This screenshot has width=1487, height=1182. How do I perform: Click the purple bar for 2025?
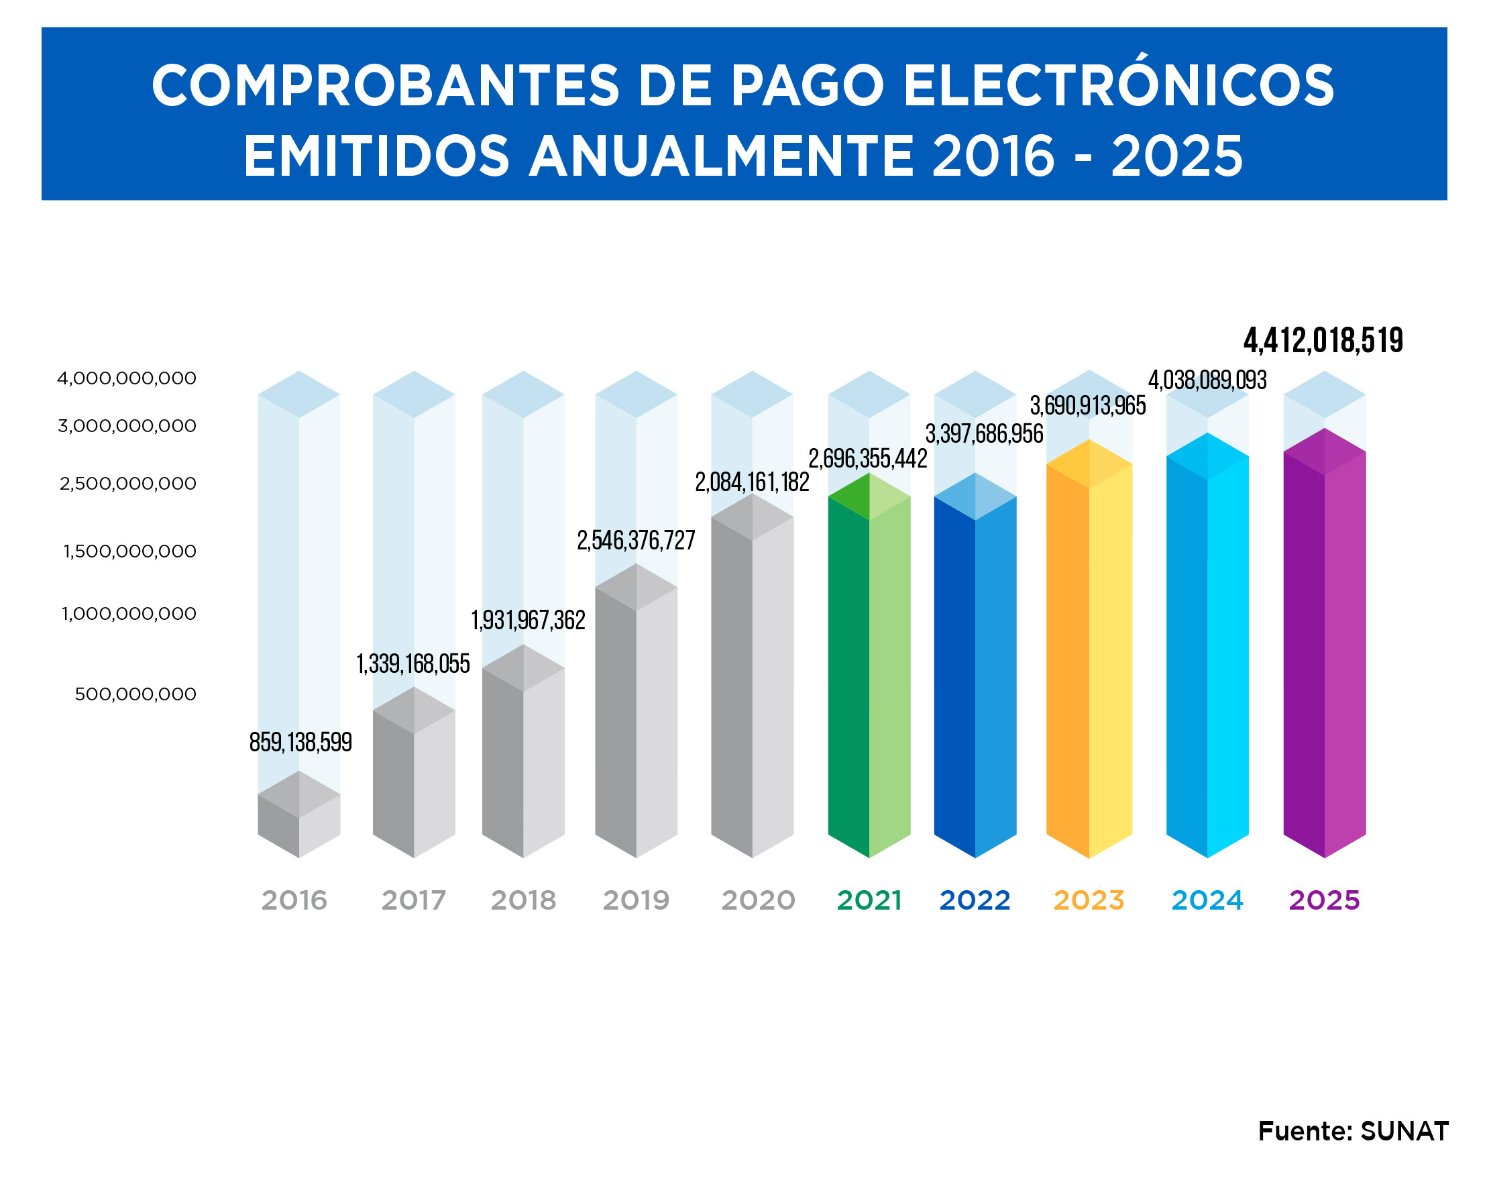click(1324, 648)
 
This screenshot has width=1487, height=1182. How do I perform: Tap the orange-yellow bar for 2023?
click(1089, 655)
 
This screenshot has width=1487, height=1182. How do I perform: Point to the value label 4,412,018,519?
click(1323, 341)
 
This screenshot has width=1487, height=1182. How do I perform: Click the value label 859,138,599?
click(300, 742)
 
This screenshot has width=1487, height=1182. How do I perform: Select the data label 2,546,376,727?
click(636, 540)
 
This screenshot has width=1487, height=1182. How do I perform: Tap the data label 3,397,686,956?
click(984, 434)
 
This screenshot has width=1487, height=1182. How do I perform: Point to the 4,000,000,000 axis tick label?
click(127, 378)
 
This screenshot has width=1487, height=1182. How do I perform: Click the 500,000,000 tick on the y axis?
click(135, 694)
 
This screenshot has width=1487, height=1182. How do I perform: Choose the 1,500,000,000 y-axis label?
click(129, 551)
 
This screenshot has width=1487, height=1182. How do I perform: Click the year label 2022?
click(975, 900)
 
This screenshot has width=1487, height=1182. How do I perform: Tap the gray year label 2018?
click(523, 900)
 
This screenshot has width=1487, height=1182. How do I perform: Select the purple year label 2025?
click(1324, 900)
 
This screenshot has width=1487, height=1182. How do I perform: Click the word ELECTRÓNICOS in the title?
click(1119, 87)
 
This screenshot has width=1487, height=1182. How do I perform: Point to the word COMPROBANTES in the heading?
click(386, 87)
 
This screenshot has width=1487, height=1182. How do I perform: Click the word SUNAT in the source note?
click(1405, 1131)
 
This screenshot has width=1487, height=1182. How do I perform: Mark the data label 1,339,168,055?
click(413, 663)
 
